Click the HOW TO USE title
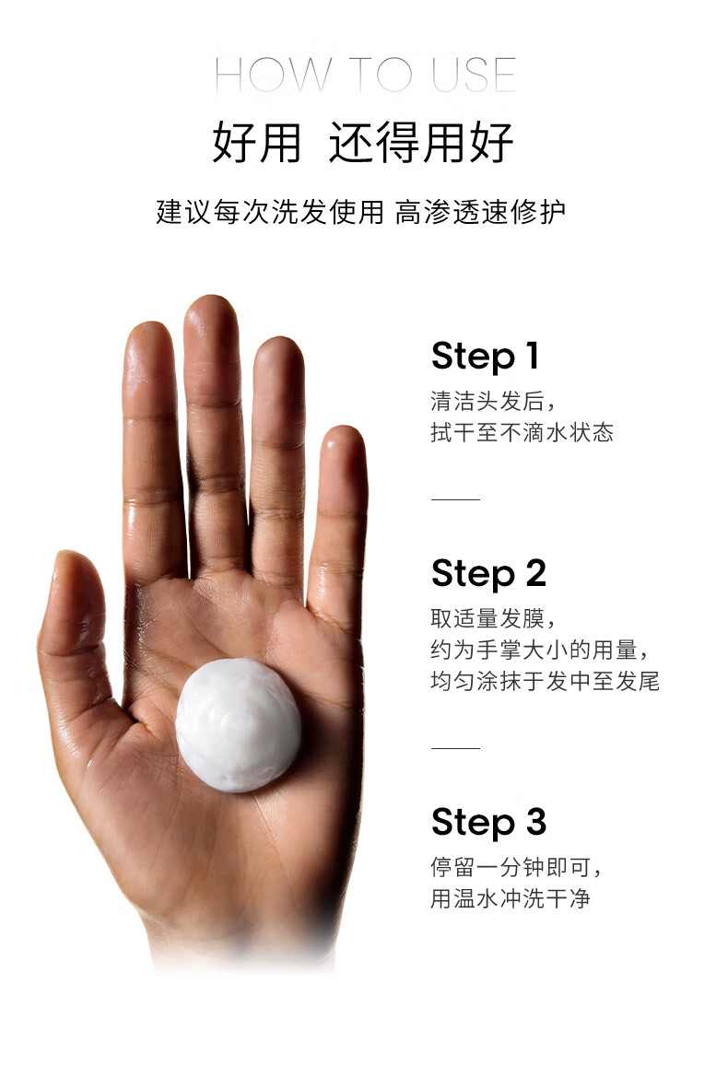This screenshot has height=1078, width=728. [x=365, y=75]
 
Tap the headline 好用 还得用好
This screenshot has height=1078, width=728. [x=363, y=143]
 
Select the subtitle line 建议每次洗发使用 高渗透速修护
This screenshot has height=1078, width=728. [x=361, y=212]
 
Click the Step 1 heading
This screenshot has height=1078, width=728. [x=486, y=357]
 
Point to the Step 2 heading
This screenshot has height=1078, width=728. [x=488, y=574]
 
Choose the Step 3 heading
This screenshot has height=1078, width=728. [x=488, y=822]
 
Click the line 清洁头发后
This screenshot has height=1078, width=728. [x=492, y=401]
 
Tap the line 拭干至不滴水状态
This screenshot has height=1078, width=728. [x=522, y=432]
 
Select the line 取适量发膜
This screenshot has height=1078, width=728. [x=492, y=619]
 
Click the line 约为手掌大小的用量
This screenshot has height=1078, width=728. [x=539, y=650]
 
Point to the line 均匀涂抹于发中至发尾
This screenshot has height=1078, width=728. [x=546, y=681]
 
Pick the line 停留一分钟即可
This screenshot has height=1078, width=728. [x=515, y=867]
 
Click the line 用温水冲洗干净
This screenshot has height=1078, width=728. [x=511, y=898]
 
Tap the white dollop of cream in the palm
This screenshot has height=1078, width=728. [x=238, y=724]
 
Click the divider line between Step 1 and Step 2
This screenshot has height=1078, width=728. [x=455, y=499]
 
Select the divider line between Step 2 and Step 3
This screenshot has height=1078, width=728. [x=455, y=748]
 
